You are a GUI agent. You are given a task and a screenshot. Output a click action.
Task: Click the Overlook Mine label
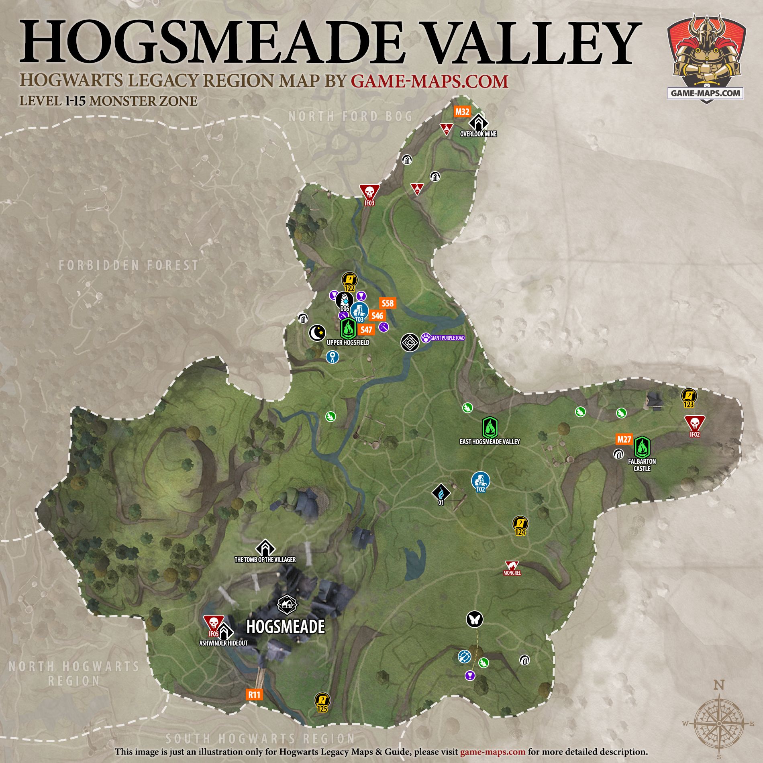coord(478,134)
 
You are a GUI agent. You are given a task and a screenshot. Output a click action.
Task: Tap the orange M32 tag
coord(462,112)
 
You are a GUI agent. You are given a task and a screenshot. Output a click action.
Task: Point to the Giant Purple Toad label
coord(447,338)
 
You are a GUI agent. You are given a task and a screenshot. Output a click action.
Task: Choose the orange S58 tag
coord(388,303)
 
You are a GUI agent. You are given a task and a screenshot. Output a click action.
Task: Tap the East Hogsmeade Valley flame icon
coord(490,427)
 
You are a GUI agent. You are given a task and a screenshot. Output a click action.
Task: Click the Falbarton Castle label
coord(642,465)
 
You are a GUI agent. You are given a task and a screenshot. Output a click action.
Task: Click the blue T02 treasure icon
coord(481,481)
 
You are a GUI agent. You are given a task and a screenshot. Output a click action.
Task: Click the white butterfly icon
coord(474,619)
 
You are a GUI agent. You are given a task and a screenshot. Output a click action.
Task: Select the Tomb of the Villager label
coord(265,559)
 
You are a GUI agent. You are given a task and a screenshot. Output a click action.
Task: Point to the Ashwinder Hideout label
coord(223,643)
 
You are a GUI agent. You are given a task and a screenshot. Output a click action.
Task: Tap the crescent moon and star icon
coord(316,333)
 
